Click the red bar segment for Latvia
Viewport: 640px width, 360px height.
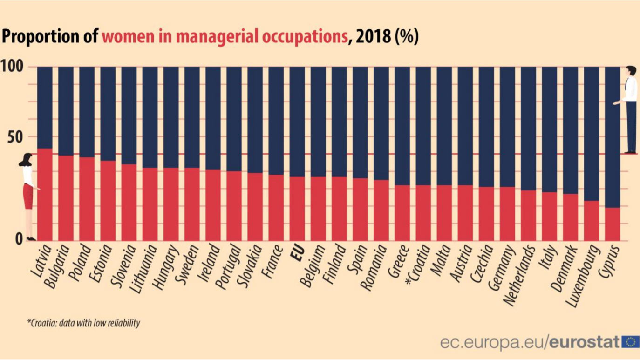45,194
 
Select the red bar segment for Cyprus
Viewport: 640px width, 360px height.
612,224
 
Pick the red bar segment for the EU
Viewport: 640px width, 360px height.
297,208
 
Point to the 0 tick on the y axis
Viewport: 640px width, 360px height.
19,239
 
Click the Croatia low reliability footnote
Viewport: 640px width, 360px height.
83,323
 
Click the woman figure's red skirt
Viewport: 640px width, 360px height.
28,197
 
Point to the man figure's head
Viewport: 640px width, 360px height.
631,71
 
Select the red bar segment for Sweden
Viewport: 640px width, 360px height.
192,204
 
